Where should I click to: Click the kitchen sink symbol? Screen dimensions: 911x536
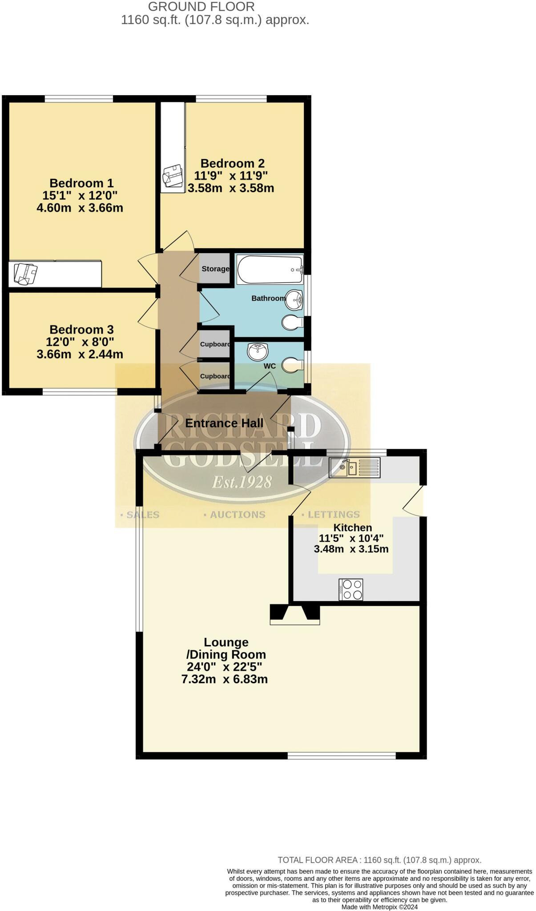pos(354,468)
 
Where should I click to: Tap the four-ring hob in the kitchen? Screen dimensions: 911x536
pos(351,589)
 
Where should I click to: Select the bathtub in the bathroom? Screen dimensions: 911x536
pos(270,270)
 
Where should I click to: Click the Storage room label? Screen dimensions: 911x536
pos(215,269)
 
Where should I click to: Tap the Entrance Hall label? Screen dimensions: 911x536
pos(224,423)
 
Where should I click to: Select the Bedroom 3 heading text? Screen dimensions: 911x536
pos(81,330)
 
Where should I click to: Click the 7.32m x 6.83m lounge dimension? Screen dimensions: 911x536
pos(224,679)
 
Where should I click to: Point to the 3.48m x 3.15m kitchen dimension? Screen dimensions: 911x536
pos(351,549)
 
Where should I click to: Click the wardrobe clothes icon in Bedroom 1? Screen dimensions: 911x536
pos(25,274)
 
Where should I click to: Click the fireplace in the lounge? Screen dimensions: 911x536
pos(294,614)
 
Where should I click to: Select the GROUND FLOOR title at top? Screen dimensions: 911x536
pos(201,7)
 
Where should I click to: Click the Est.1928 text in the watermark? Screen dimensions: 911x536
pos(242,482)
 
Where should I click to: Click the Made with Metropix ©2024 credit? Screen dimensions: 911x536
pos(379,907)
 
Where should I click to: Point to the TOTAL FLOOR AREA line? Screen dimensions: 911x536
pos(379,860)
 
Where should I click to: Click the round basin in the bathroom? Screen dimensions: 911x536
pos(294,300)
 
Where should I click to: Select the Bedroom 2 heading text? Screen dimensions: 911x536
pos(232,163)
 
